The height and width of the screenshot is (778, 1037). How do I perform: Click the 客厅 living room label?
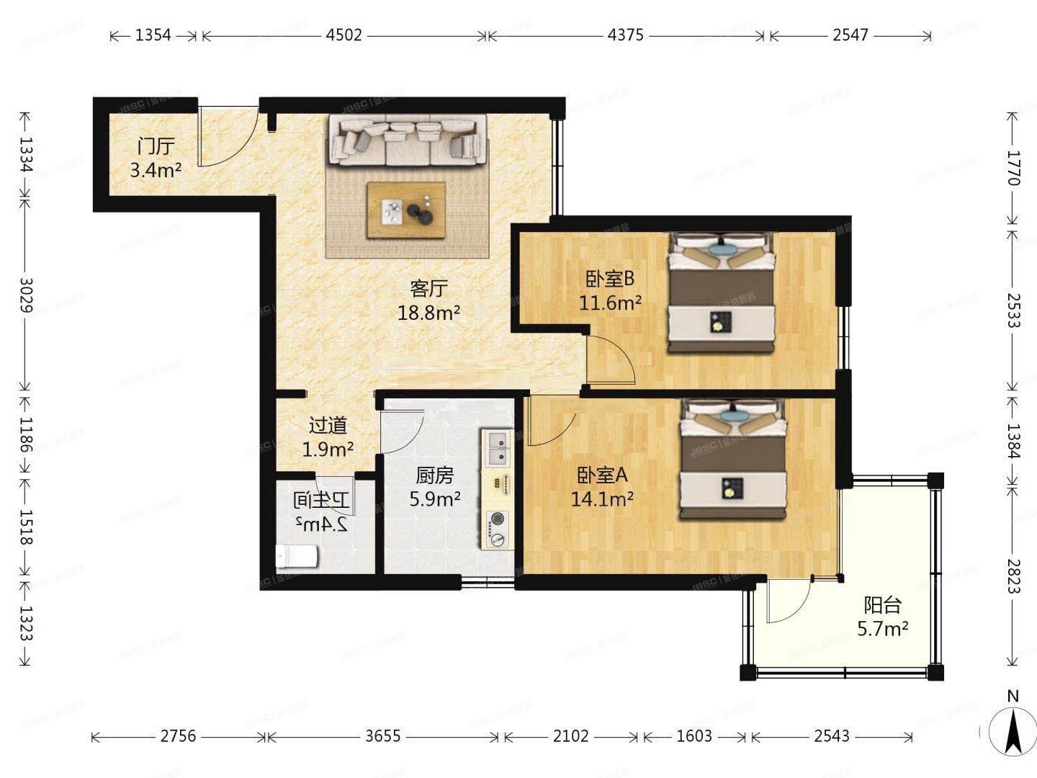pos(428,289)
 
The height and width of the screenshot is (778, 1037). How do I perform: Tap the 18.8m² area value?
pos(428,313)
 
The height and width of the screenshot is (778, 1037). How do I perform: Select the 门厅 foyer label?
pos(156,146)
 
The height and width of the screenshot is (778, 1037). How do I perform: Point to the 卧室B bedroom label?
pos(609,278)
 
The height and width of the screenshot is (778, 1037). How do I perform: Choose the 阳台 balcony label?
pos(882,605)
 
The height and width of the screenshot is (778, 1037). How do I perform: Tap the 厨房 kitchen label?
pos(435,475)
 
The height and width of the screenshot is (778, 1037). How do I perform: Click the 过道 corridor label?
pos(328,426)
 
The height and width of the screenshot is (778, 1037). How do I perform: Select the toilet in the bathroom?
pos(297,557)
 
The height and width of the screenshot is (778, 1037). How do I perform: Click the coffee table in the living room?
pos(406,210)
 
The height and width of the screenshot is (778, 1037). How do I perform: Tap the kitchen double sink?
pos(497,447)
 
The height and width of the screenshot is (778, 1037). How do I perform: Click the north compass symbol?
pos(1013,730)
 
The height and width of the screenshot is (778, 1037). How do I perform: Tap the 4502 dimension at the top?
pos(344,35)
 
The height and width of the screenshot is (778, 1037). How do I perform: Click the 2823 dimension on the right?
pos(1013,576)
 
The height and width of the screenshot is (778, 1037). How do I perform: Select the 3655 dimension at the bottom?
pos(383,736)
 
